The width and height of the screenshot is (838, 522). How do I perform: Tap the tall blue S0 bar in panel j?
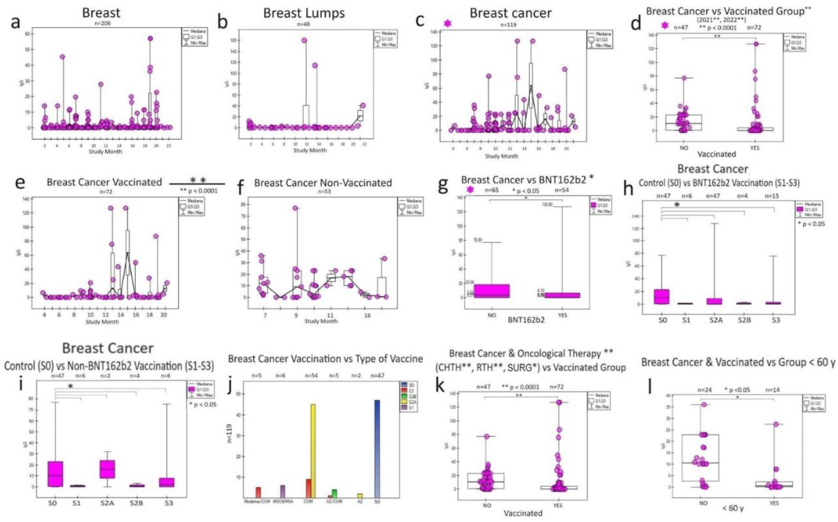click(x=377, y=449)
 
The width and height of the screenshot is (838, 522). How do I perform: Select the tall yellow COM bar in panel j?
click(x=313, y=451)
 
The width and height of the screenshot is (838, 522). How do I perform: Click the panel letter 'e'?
click(x=20, y=182)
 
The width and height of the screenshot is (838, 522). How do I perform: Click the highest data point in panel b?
click(x=304, y=40)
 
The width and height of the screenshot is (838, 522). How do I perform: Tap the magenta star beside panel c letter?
click(x=447, y=23)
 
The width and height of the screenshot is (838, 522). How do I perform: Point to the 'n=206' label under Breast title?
click(x=103, y=23)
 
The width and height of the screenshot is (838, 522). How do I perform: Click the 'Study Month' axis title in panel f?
click(x=321, y=321)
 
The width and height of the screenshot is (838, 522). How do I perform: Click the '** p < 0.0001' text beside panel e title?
click(x=199, y=191)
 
